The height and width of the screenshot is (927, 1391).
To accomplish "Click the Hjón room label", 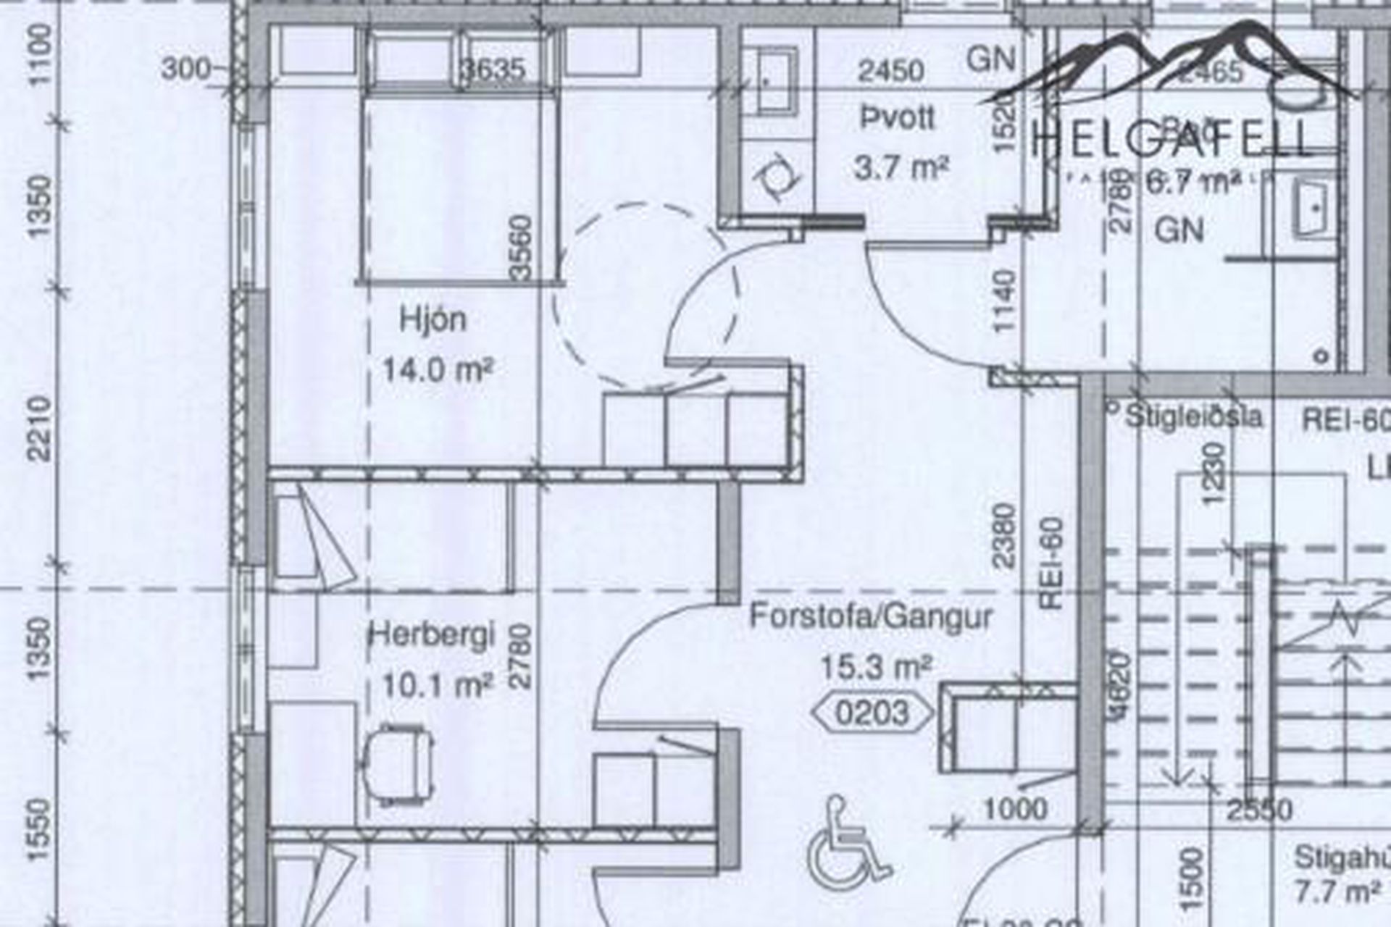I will (433, 320).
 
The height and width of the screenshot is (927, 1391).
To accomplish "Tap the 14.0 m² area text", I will (438, 371).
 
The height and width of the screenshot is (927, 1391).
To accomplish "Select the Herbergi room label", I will (433, 636).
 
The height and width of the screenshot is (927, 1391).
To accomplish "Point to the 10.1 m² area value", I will (438, 684).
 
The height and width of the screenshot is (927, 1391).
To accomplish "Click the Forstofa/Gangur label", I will (871, 617).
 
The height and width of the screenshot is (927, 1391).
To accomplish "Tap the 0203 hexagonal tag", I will (872, 713).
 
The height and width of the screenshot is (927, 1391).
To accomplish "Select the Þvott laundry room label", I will (898, 118).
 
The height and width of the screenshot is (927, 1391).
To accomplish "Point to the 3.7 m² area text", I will (901, 169).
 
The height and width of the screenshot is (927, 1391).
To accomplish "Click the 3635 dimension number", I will (493, 70).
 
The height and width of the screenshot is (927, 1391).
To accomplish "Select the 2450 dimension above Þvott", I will (891, 71).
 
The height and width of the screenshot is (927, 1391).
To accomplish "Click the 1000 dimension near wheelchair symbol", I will (1016, 808).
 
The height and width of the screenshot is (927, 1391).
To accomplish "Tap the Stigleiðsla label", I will (1192, 417).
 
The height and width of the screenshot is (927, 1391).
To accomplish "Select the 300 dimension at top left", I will (185, 70).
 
